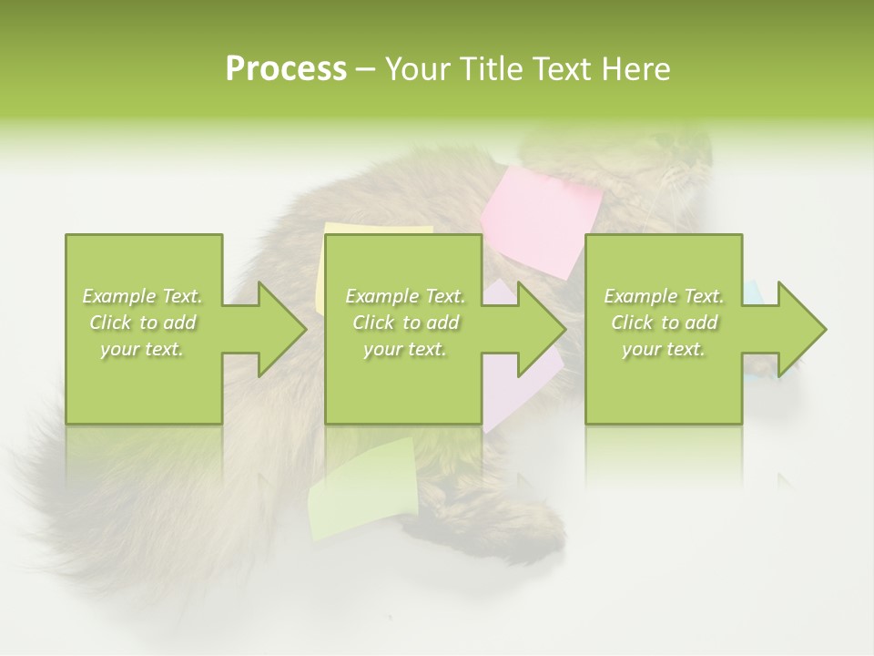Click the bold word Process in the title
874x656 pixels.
click(x=286, y=69)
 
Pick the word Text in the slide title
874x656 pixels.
click(x=564, y=69)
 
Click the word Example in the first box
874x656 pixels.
click(x=118, y=296)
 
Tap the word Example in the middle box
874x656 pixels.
click(x=381, y=296)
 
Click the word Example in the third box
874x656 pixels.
click(x=639, y=296)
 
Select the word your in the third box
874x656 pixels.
click(x=642, y=349)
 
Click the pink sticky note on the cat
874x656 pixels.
click(x=542, y=219)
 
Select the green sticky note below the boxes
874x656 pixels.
click(x=362, y=487)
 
